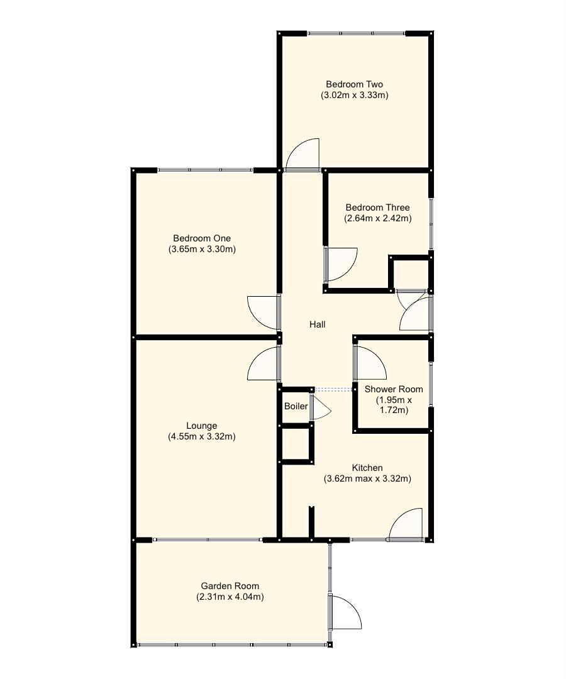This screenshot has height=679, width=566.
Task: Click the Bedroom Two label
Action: point(354,84)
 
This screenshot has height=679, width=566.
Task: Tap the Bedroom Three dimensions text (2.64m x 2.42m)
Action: point(377,219)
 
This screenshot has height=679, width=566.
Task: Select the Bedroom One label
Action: point(202,238)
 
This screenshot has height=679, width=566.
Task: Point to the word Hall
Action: point(318,324)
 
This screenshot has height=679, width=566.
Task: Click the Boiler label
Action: point(296,406)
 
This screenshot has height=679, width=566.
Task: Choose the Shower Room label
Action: point(394,389)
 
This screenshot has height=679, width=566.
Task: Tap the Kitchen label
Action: point(367,468)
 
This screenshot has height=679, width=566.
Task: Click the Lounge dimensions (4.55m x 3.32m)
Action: point(202,436)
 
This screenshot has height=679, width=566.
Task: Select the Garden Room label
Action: point(230,586)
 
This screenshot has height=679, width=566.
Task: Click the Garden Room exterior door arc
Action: point(347,613)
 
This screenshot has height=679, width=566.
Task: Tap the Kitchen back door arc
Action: point(406,524)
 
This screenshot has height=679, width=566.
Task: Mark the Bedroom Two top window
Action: point(357,32)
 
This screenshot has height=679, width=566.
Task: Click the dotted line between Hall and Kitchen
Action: point(333,390)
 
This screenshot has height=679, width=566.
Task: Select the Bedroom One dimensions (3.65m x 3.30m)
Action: point(202,249)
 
